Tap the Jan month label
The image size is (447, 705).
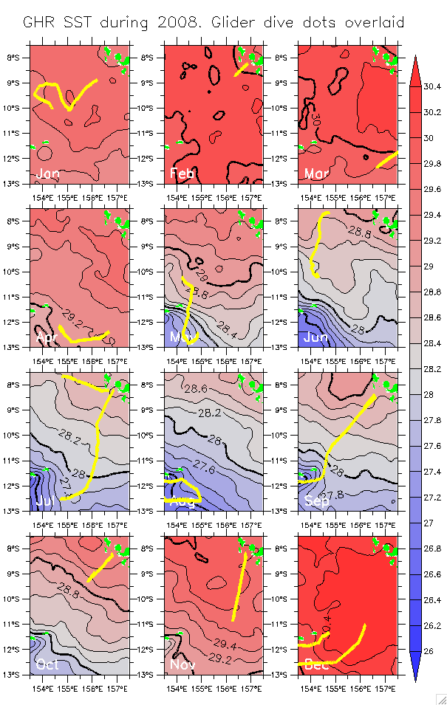[x=47, y=173]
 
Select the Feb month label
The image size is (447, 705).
[x=182, y=173]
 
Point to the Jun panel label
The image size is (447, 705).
[x=316, y=337]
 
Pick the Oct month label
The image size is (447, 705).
[x=47, y=664]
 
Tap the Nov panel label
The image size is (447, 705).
[x=182, y=664]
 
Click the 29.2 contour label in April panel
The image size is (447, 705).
[x=74, y=313]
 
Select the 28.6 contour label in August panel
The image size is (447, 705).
[x=196, y=389]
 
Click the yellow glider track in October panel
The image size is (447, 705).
[x=100, y=567]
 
